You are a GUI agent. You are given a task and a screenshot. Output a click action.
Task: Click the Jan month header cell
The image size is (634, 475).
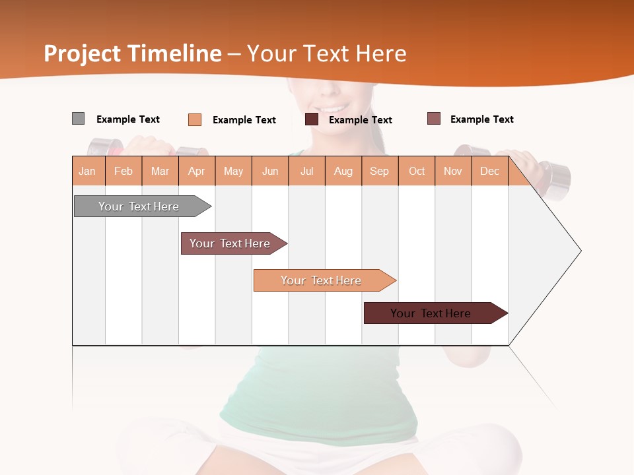88,171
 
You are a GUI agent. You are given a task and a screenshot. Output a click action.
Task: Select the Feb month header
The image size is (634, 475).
123,171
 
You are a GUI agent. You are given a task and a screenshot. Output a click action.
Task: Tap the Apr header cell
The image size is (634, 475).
197,171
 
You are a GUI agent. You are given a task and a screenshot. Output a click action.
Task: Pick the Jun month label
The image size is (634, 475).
270,171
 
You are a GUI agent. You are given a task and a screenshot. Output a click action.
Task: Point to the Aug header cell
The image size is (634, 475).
343,171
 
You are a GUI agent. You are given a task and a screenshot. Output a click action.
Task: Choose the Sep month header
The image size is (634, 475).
380,171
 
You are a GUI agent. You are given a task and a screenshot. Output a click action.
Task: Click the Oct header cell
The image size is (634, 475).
417,171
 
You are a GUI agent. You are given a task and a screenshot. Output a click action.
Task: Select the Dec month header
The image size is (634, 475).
490,171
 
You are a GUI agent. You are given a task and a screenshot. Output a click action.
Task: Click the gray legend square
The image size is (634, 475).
78,119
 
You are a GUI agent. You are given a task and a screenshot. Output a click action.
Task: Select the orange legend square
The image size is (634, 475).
194,119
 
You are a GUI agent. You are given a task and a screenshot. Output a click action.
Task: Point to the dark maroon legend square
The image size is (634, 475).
312,119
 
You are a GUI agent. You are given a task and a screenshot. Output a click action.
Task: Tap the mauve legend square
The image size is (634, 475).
433,119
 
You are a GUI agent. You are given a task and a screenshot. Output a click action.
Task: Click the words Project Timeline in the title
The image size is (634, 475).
133,53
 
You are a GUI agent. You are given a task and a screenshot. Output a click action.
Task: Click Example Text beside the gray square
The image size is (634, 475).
128,119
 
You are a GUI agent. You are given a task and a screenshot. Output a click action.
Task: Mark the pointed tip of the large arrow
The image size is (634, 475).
580,251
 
